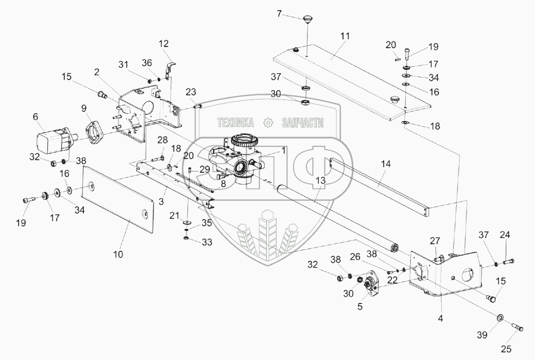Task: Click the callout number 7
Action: pos(279,14)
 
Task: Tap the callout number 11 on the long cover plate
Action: pos(345,36)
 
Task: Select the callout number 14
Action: pos(386,163)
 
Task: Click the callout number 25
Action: pos(506,349)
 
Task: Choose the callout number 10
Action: pos(118,254)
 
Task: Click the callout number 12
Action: pos(164,44)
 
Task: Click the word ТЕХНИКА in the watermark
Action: pos(235,123)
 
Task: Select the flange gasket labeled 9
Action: pos(94,132)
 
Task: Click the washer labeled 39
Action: pos(501,318)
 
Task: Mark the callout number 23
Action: pos(191,92)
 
